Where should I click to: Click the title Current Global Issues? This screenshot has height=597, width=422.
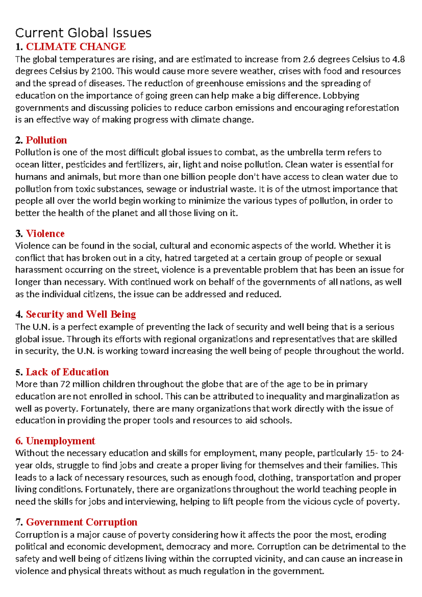coord(83,33)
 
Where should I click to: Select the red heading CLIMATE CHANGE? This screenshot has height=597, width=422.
coord(76,47)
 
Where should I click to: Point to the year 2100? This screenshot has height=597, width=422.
coord(102,71)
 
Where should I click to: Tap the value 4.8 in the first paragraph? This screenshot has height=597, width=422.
coord(399,59)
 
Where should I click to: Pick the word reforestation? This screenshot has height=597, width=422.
coord(372,108)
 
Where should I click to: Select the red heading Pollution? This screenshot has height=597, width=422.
coord(46,140)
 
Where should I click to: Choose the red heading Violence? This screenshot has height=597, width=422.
coord(45,234)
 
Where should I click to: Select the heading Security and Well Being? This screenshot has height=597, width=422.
coord(81,314)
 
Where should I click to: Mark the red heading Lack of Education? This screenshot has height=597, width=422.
coord(67,372)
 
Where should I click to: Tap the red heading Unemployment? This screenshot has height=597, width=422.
coord(60,441)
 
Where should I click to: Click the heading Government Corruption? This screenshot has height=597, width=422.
coord(82,522)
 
